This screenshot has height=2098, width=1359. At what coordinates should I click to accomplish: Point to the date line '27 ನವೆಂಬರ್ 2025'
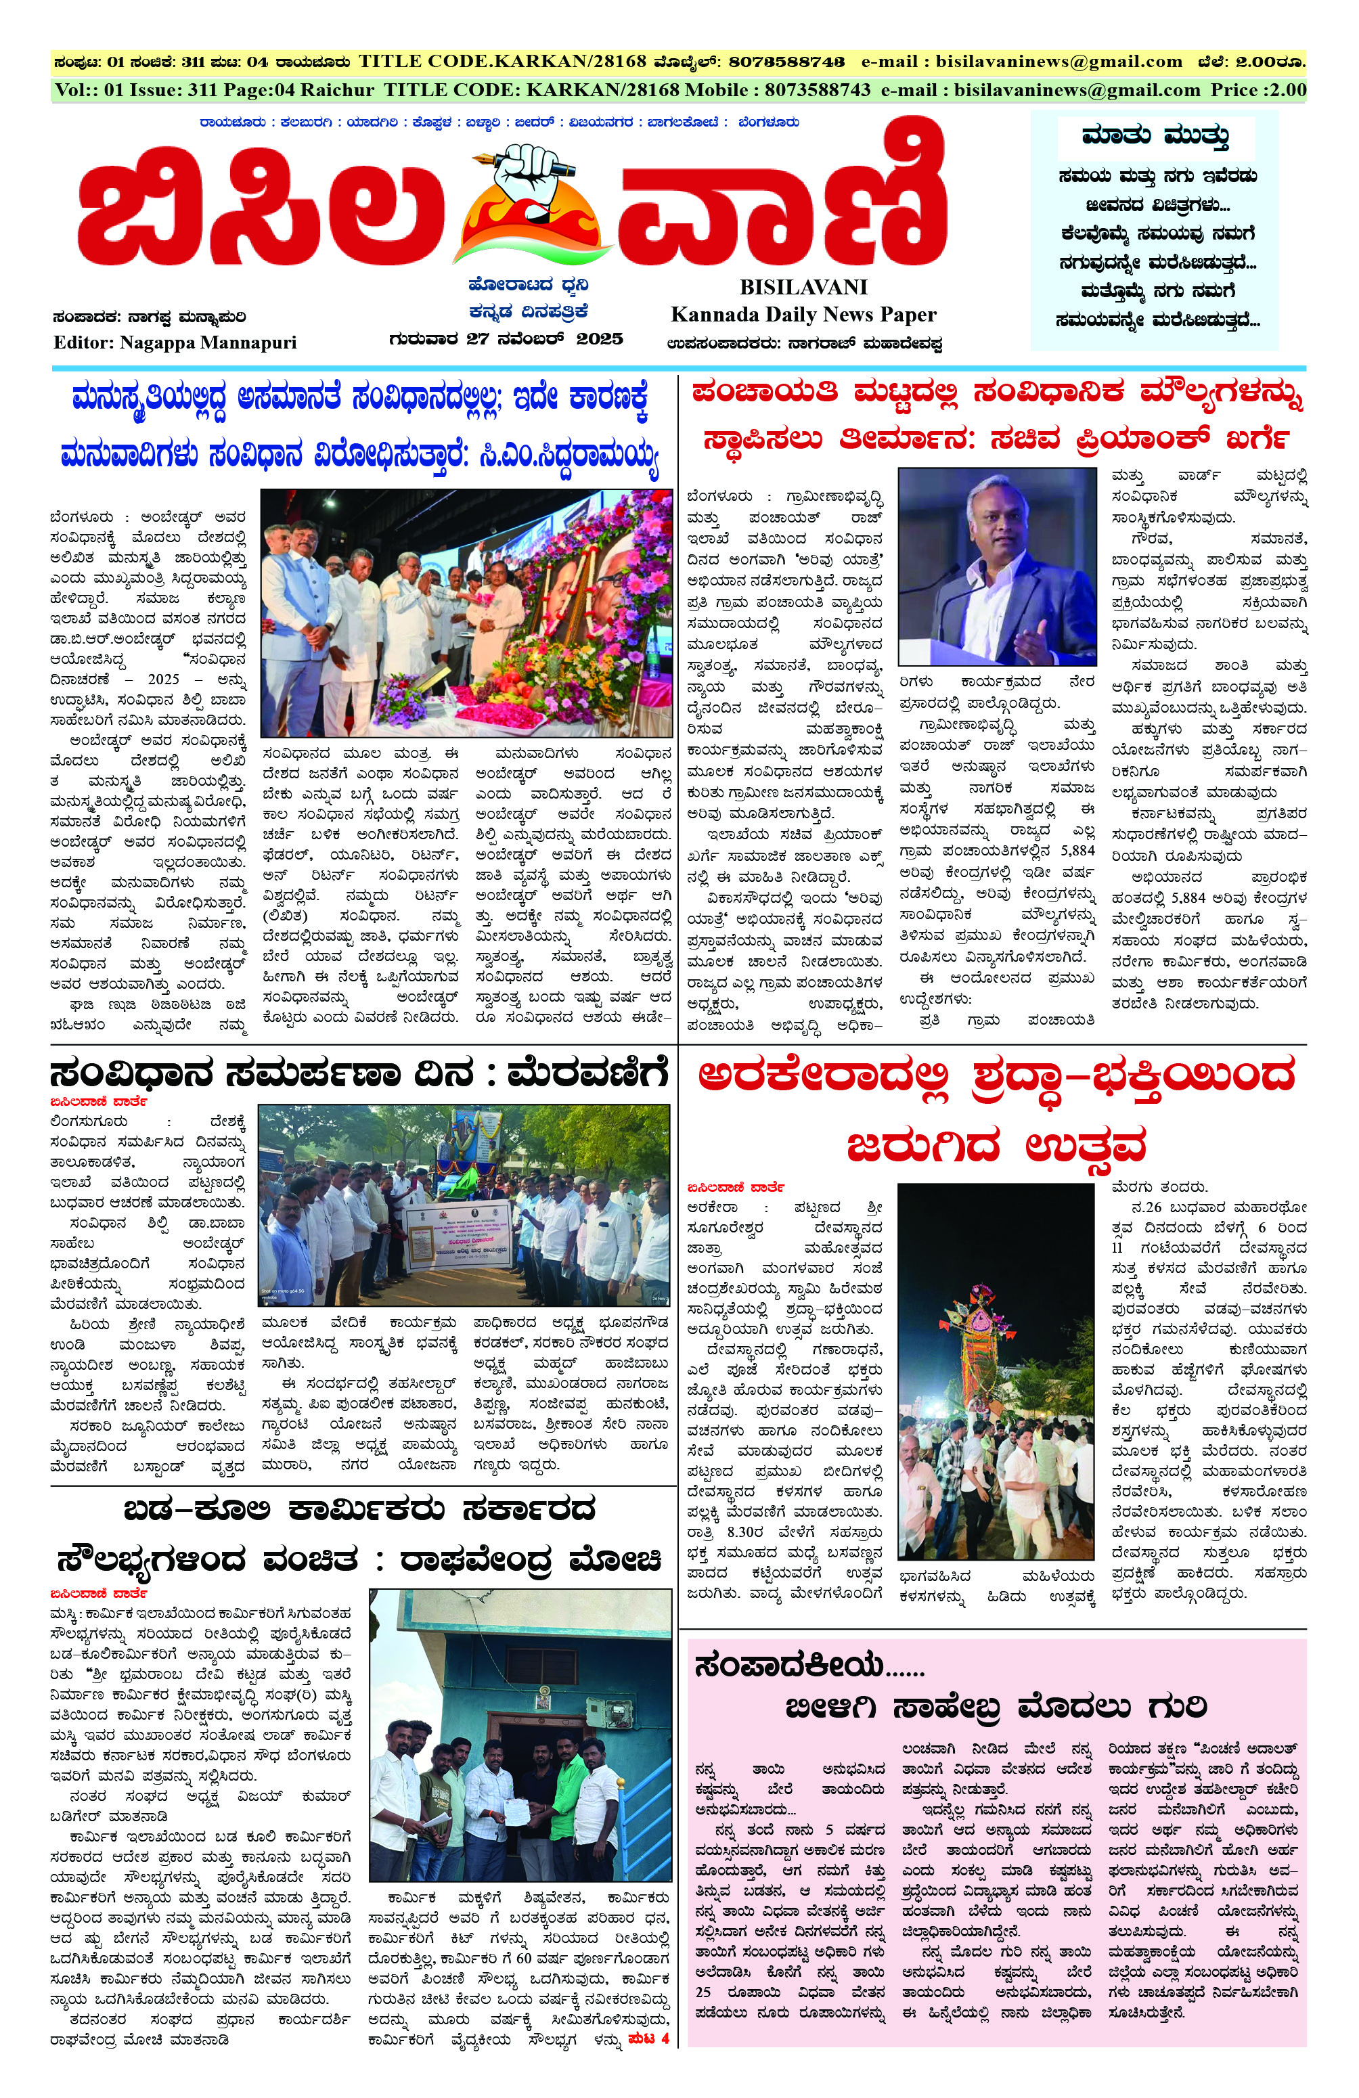pos(543,338)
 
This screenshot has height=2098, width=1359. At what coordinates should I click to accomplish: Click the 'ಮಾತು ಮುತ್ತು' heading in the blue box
pos(1155,137)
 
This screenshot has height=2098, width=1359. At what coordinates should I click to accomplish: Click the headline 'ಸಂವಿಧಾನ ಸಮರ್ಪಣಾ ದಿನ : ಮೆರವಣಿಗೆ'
pos(359,1075)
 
